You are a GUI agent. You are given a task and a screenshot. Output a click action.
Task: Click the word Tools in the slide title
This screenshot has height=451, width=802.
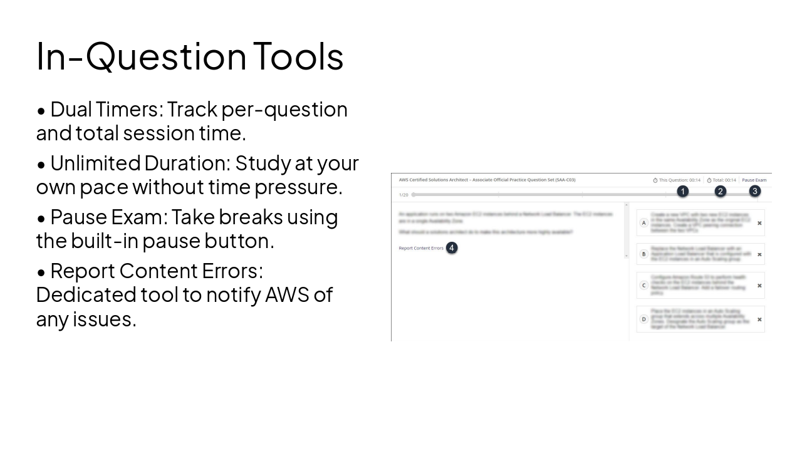pos(298,56)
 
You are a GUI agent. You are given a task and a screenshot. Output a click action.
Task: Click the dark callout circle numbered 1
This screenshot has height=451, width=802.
pos(683,191)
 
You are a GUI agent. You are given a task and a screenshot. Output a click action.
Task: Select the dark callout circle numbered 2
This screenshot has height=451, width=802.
pos(721,191)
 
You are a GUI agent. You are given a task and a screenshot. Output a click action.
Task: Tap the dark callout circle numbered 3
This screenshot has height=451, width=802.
pos(755,191)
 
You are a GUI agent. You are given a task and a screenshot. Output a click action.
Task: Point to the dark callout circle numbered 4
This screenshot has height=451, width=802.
pos(452,248)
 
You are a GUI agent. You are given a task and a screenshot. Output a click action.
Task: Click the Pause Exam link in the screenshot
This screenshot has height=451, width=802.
pos(754,180)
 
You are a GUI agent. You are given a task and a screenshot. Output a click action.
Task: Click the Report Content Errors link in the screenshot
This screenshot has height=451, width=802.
pos(421,248)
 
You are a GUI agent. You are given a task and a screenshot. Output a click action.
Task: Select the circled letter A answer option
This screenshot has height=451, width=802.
pos(643,223)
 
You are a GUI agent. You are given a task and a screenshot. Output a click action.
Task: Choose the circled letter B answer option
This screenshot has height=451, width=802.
pos(643,254)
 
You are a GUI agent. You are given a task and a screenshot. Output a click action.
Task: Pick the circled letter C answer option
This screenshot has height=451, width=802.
pos(643,286)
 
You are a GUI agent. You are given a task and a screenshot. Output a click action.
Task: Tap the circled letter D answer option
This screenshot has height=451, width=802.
pos(643,319)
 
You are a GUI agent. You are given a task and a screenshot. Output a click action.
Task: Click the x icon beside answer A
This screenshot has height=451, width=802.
pos(759,223)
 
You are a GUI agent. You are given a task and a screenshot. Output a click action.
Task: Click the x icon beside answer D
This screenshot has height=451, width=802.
pos(759,319)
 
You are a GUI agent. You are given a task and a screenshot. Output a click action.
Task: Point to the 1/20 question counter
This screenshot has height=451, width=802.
pos(404,195)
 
